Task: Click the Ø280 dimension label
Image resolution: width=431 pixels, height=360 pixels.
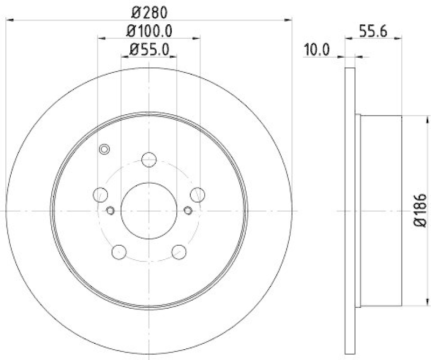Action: tap(149, 11)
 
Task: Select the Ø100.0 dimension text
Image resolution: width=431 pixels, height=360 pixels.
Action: tap(149, 31)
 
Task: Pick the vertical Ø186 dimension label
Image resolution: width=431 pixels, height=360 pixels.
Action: tap(421, 210)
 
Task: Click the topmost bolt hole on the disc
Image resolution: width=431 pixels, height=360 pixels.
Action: tap(149, 159)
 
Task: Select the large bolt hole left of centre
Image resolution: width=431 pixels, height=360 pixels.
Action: tap(100, 195)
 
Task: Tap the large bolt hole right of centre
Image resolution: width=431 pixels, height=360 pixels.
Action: tap(198, 195)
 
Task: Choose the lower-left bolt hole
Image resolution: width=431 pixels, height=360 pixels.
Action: tap(119, 251)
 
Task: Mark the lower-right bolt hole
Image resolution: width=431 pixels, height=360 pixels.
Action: tap(179, 251)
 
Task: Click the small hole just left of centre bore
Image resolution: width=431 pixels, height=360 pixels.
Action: tap(110, 210)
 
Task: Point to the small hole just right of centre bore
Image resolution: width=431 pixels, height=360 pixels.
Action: tap(188, 210)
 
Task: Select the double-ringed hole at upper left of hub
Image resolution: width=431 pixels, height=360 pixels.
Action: tap(105, 149)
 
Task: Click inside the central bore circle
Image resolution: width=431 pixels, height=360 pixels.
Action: tap(149, 210)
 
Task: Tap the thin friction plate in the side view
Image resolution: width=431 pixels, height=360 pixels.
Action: tap(350, 210)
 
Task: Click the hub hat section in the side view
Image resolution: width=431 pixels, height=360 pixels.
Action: tap(380, 210)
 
